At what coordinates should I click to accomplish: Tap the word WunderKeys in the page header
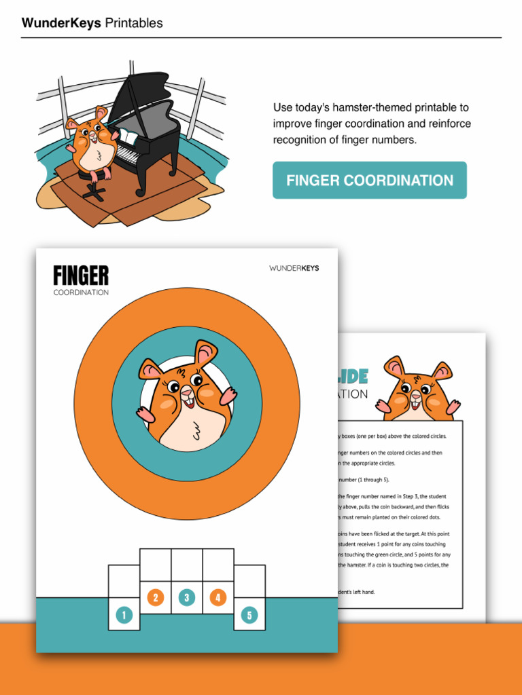click(x=61, y=23)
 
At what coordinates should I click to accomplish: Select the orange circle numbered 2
click(x=156, y=597)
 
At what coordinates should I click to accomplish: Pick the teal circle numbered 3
click(x=187, y=597)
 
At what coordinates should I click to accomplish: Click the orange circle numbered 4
click(x=218, y=597)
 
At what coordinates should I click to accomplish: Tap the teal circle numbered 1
click(x=124, y=616)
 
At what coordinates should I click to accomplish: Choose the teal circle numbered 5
click(x=249, y=616)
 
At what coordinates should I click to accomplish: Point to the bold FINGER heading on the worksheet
click(x=81, y=276)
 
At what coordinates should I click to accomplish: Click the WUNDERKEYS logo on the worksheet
click(x=294, y=268)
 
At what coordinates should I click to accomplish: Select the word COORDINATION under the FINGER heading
click(x=81, y=293)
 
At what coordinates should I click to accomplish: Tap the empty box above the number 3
click(x=187, y=565)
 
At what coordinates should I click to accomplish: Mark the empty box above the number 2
click(x=156, y=565)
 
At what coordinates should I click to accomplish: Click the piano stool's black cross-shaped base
click(x=93, y=192)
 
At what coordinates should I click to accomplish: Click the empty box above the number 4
click(x=218, y=565)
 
